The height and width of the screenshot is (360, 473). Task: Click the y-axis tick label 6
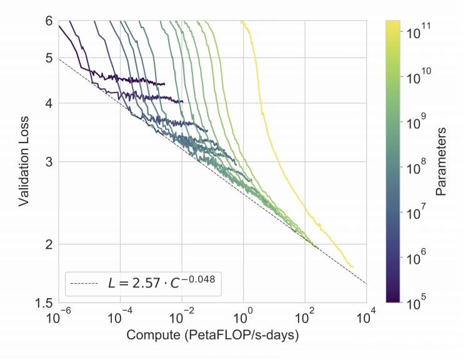click(x=48, y=21)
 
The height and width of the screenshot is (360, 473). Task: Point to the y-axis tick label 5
click(x=48, y=58)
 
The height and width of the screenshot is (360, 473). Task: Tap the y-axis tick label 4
click(x=48, y=104)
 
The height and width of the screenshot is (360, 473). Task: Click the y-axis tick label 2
click(x=48, y=244)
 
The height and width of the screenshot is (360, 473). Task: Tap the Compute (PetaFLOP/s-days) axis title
click(x=212, y=336)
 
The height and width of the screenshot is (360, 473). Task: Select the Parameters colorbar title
click(x=441, y=161)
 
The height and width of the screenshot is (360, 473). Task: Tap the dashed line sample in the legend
click(x=84, y=284)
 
